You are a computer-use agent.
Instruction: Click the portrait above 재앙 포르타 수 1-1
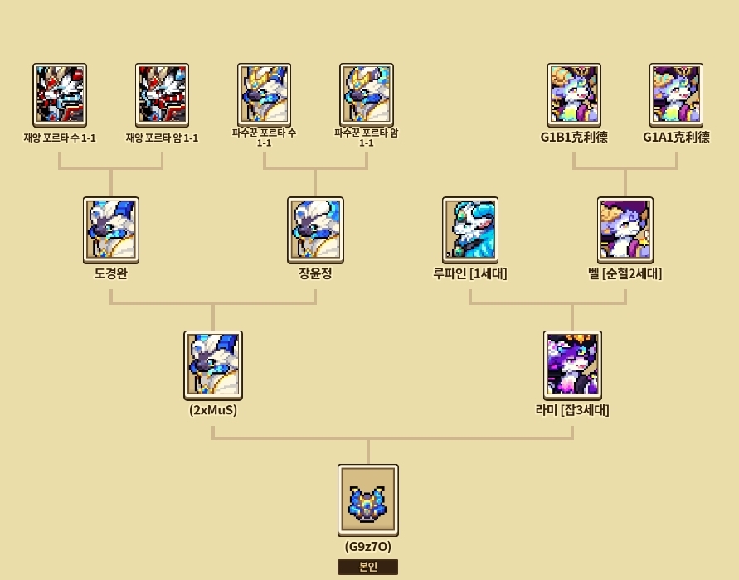(x=60, y=94)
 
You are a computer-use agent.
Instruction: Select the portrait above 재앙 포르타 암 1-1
(x=163, y=94)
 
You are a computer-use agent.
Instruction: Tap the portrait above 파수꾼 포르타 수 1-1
(x=264, y=94)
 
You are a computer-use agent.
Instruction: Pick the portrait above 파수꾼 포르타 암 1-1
(x=366, y=94)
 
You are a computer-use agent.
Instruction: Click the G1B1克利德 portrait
(x=574, y=94)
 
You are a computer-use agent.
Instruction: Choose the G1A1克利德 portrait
(x=676, y=94)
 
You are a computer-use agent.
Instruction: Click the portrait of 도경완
(x=111, y=228)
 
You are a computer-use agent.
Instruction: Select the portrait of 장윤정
(x=315, y=228)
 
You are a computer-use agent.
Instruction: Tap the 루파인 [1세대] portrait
(x=469, y=228)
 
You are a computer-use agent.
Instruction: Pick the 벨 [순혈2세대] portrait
(x=625, y=228)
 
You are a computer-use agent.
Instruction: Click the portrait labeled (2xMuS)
(x=213, y=364)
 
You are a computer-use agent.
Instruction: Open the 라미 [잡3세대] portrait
(x=572, y=364)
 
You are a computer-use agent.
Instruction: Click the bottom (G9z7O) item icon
(x=368, y=500)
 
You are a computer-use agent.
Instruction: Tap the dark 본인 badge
(x=367, y=567)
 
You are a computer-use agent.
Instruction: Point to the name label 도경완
(x=111, y=273)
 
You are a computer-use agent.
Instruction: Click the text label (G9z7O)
(x=367, y=547)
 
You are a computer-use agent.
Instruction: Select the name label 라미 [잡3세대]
(x=572, y=409)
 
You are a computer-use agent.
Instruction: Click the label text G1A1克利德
(x=676, y=138)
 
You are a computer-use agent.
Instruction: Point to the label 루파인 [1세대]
(x=469, y=273)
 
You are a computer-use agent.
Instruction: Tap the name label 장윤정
(x=315, y=273)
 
